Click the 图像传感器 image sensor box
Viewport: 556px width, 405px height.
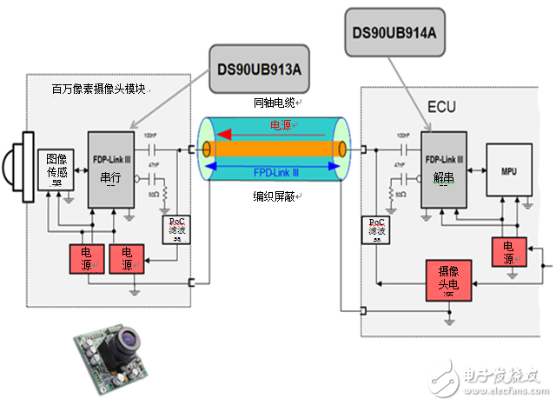56,169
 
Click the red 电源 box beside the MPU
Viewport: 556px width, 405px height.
506,250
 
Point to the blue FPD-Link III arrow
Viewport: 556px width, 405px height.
279,172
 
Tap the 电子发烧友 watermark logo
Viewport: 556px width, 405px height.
502,377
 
